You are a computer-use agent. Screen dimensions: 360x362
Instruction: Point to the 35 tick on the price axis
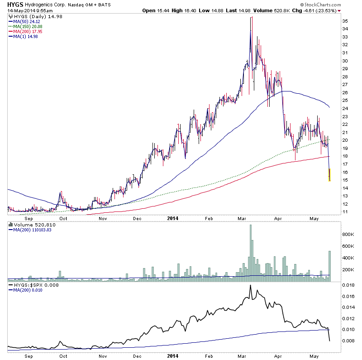345,21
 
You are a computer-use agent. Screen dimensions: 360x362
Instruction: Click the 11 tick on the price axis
345,211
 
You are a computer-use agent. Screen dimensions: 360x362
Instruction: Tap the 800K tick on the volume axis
347,234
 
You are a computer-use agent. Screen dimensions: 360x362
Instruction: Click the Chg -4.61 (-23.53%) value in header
320,10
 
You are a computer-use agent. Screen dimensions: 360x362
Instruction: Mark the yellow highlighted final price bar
330,175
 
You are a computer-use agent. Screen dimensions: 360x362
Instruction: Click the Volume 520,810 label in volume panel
29,225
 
